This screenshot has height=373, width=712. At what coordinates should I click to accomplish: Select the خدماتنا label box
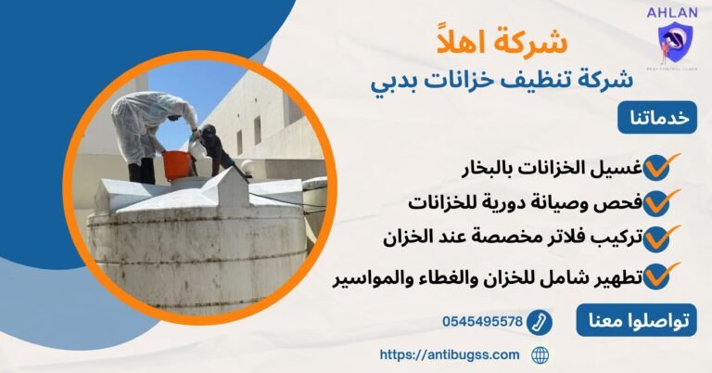(657, 120)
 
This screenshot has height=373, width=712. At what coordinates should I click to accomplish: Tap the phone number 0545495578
(482, 322)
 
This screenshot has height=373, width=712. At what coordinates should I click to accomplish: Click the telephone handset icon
(539, 322)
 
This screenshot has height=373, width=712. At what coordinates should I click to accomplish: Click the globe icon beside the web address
(540, 354)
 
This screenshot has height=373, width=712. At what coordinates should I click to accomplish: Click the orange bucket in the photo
(176, 165)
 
